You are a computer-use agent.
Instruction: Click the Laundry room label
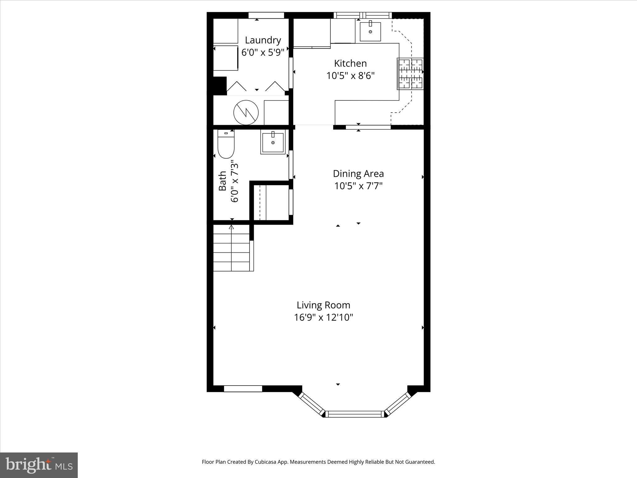click(x=263, y=40)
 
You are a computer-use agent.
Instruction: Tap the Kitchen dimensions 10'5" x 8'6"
click(x=350, y=76)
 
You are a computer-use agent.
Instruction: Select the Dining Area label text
click(x=358, y=173)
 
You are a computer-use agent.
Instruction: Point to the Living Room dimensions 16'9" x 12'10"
click(x=323, y=317)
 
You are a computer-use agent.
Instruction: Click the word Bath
click(x=222, y=181)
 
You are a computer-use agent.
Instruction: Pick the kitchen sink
click(x=370, y=31)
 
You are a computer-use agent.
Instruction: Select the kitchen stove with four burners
click(x=410, y=74)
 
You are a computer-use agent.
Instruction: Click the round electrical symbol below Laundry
click(x=246, y=112)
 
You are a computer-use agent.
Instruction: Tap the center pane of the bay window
click(x=355, y=414)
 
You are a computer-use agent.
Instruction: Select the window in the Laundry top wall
click(x=266, y=15)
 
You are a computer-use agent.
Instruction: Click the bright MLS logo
click(x=39, y=465)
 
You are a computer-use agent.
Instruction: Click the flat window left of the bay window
click(x=243, y=389)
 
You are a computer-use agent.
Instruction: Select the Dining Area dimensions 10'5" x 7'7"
click(x=358, y=186)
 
